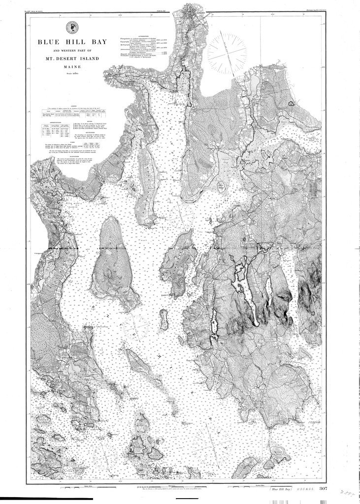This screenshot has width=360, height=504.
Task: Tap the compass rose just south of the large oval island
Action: tap(137, 325)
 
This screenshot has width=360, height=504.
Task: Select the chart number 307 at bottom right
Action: tap(323, 489)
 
